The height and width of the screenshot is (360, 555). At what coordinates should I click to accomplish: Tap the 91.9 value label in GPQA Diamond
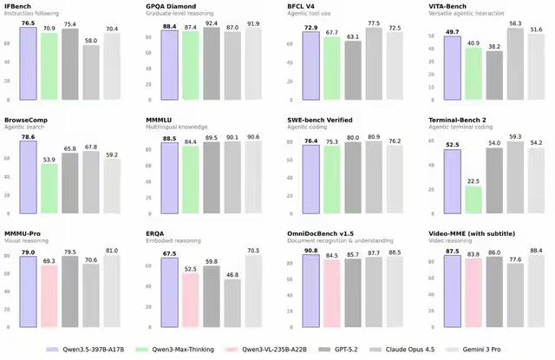pyautogui.click(x=253, y=24)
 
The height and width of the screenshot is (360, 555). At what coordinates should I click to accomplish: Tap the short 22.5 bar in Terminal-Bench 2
pyautogui.click(x=472, y=200)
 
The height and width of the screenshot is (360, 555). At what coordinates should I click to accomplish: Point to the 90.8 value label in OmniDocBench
pyautogui.click(x=308, y=252)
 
